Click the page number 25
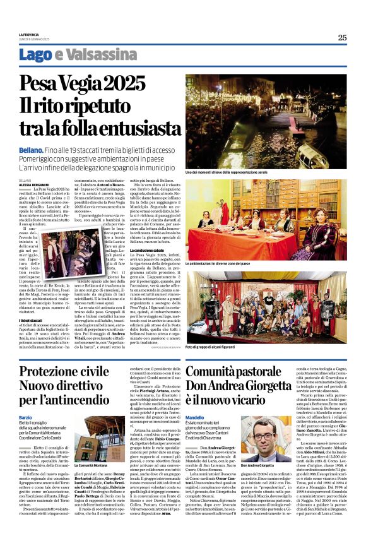tap(342, 37)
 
